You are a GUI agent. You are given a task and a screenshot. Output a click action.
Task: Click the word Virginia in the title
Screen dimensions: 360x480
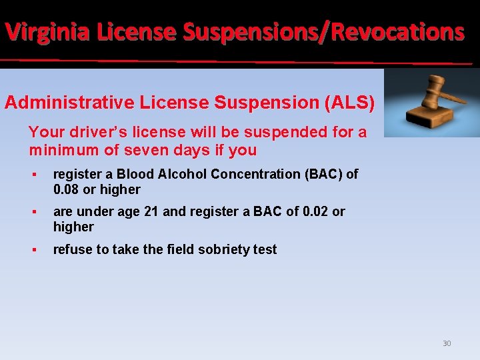46,31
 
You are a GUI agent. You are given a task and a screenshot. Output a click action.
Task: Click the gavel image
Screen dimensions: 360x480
432,103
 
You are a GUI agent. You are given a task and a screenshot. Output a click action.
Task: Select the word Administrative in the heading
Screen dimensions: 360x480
70,103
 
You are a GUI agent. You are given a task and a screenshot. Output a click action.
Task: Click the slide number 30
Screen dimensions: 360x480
447,343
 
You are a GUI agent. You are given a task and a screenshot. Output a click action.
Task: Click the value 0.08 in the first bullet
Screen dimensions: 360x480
67,189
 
